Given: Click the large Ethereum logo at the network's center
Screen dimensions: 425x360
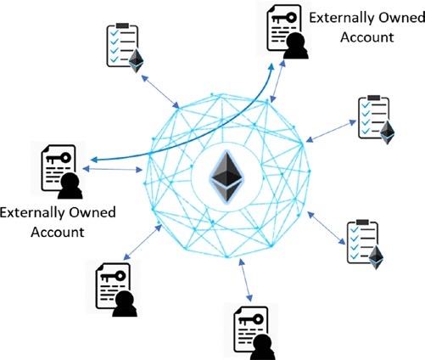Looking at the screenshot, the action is (x=226, y=177).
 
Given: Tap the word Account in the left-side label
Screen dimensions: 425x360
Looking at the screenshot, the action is (x=58, y=232).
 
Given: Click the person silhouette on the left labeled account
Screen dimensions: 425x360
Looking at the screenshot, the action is (x=70, y=186).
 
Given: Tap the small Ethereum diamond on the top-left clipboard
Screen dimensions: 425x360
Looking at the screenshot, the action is (x=136, y=60).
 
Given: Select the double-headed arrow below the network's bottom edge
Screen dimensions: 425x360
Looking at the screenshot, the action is (x=245, y=280).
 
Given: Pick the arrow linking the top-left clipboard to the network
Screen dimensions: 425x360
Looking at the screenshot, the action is (x=160, y=92).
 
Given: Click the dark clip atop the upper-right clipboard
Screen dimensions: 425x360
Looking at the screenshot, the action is (x=373, y=98).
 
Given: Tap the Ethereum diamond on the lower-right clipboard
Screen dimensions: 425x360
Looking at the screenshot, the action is (x=376, y=257).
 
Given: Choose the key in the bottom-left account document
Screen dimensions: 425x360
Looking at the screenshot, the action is (x=113, y=276).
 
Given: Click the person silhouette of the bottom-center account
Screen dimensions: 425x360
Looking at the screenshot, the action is (x=263, y=347).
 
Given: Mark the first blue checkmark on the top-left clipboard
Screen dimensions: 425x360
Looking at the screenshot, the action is (x=115, y=33).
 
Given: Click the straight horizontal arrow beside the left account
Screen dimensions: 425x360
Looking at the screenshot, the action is (x=112, y=169).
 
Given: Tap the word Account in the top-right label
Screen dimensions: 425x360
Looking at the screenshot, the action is (x=367, y=37).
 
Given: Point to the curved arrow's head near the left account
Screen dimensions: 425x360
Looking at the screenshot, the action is (x=94, y=160).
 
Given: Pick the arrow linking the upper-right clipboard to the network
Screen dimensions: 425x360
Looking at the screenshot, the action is (x=331, y=131).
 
